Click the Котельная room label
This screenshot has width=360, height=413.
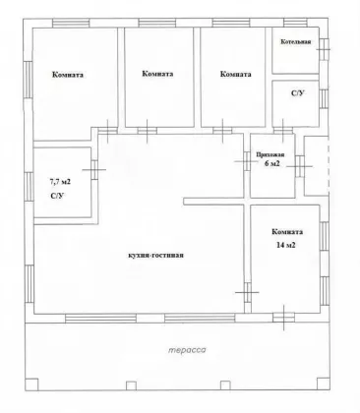click(x=296, y=42)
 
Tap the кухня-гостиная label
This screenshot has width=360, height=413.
click(x=155, y=255)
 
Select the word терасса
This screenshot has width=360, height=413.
click(x=187, y=350)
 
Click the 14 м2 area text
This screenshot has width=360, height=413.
click(x=286, y=245)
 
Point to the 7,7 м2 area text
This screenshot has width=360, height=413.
click(x=59, y=181)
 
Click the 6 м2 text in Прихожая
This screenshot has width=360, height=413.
click(x=272, y=163)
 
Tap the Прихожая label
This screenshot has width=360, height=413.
click(x=270, y=155)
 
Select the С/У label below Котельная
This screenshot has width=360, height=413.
click(x=298, y=93)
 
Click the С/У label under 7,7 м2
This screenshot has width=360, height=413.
click(x=57, y=196)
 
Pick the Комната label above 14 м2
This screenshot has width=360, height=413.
click(x=287, y=232)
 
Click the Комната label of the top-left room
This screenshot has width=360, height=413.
click(x=68, y=75)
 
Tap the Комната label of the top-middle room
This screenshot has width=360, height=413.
click(x=157, y=74)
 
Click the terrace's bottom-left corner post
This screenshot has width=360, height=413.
click(x=31, y=383)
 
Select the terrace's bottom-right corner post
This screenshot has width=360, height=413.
click(x=323, y=383)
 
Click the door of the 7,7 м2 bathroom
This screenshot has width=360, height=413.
click(x=94, y=169)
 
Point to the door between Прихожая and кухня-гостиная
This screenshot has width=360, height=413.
click(x=247, y=161)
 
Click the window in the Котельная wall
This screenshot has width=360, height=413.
click(x=324, y=49)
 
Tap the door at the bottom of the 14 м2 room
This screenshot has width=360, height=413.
click(x=283, y=318)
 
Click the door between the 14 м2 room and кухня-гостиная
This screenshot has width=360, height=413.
click(x=248, y=292)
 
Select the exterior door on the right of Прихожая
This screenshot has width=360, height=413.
click(x=299, y=166)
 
